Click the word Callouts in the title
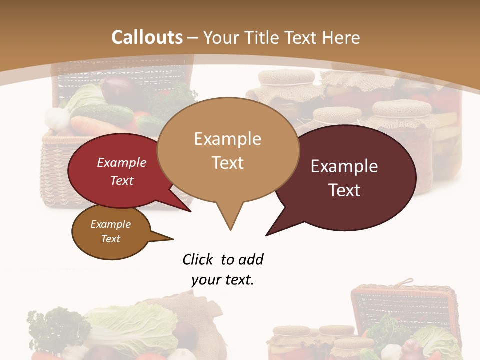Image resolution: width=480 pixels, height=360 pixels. (x=147, y=37)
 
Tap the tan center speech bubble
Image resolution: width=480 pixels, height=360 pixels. (x=227, y=150)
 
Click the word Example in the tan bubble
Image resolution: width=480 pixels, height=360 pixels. (x=227, y=139)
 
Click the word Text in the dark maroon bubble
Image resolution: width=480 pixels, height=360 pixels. (x=344, y=190)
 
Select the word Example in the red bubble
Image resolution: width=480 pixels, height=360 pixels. (x=122, y=163)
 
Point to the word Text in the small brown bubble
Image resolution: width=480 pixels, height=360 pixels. (x=111, y=239)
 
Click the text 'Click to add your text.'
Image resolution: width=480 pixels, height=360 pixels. (x=223, y=270)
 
